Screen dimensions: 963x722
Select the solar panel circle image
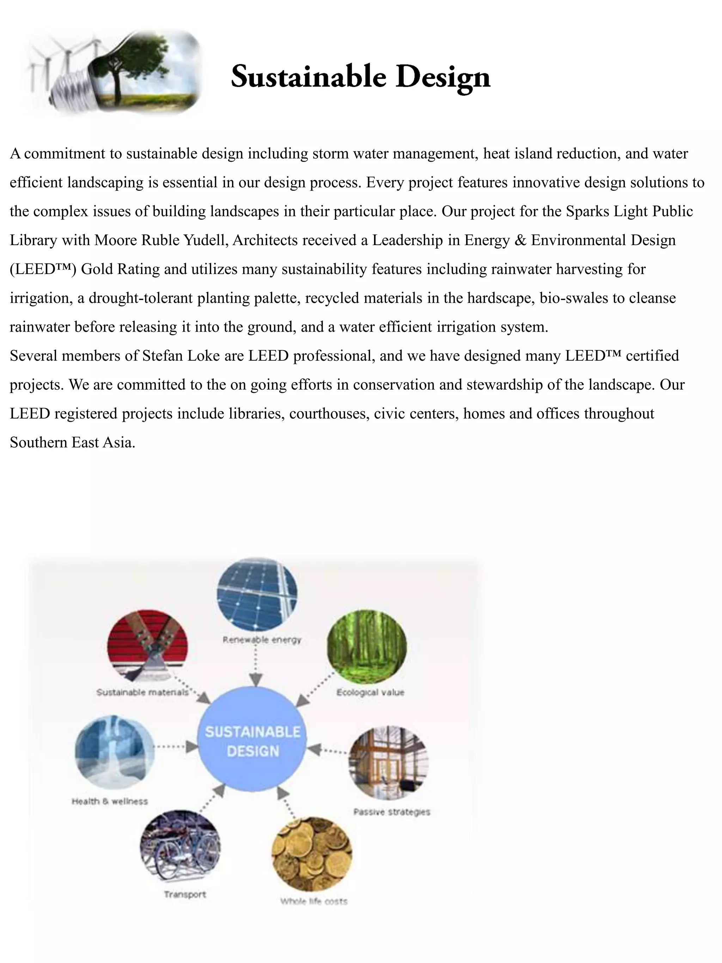point(257,594)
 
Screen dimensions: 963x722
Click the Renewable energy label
point(262,640)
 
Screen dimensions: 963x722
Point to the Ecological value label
point(370,692)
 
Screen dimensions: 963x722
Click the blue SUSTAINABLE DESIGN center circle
point(252,741)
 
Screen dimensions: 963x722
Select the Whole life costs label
point(313,901)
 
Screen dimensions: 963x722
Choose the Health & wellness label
point(110,801)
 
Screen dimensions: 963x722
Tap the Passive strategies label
point(391,811)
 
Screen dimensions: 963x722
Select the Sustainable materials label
point(142,692)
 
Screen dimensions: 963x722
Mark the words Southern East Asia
point(72,442)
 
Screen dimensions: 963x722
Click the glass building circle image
point(388,762)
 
